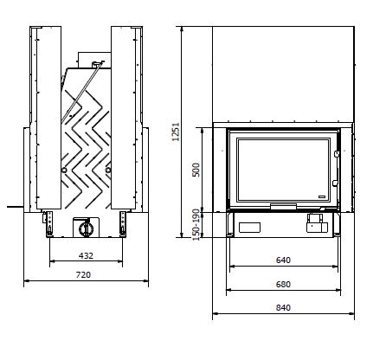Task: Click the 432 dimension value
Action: (86, 255)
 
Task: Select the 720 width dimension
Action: (83, 275)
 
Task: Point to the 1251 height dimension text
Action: (176, 132)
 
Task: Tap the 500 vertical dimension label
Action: (196, 170)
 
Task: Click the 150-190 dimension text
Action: (196, 225)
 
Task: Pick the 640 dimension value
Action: (283, 260)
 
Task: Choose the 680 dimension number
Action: (283, 285)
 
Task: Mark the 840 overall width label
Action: (283, 308)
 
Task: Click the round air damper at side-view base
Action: (86, 228)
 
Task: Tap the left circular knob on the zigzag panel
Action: (64, 170)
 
